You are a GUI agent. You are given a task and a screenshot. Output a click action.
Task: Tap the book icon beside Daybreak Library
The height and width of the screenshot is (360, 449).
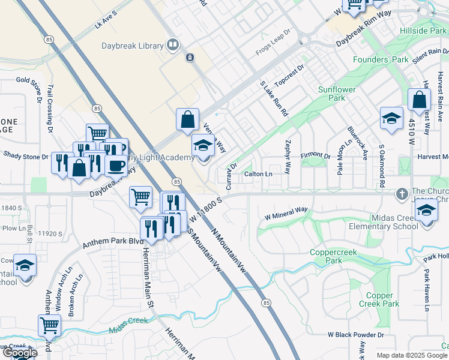click(173, 45)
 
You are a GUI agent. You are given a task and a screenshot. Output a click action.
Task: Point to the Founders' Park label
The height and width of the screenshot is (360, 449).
click(380, 60)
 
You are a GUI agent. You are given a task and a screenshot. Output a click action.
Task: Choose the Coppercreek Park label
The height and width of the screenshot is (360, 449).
click(334, 257)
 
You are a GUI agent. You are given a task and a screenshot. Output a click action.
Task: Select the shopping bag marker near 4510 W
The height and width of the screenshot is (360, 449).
click(419, 100)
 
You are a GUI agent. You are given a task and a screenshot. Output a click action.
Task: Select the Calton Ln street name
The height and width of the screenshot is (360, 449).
click(258, 174)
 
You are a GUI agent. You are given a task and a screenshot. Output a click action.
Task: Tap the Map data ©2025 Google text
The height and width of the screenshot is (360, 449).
click(411, 355)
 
